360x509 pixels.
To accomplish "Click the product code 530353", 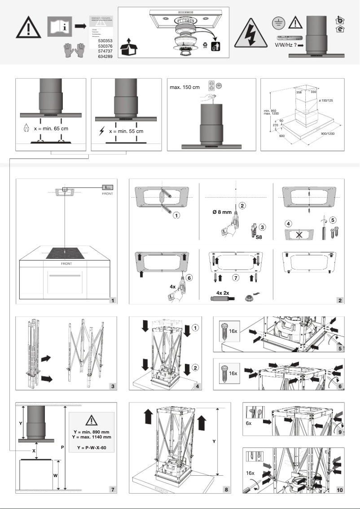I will click(x=105, y=40).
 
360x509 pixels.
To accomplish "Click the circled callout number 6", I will click(x=189, y=278).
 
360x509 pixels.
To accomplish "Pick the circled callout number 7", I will click(x=236, y=278).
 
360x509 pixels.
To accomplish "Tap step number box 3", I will click(x=113, y=386).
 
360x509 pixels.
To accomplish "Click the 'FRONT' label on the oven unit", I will click(x=66, y=264).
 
